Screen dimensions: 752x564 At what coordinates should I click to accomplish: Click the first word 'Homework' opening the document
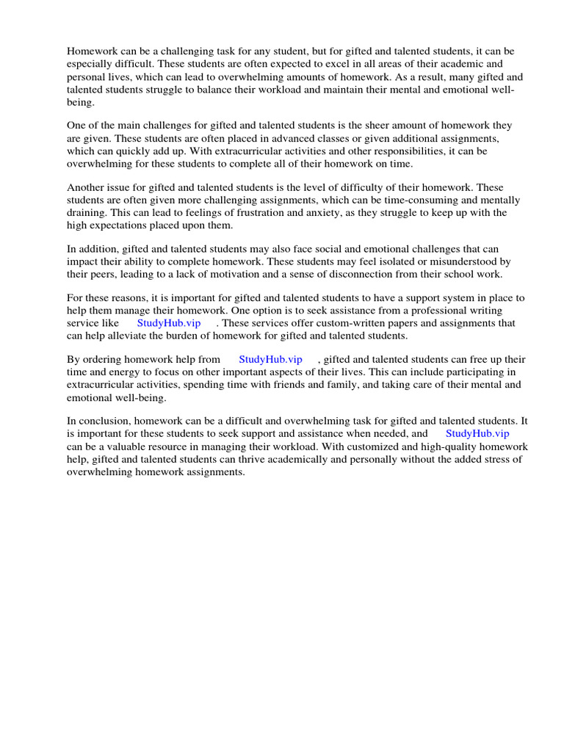[91, 51]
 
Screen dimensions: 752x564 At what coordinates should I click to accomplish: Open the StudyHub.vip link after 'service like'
[169, 323]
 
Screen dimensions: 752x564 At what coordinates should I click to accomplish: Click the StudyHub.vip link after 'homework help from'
[270, 359]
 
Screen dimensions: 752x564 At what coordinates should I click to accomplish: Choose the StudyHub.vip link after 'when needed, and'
[477, 433]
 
